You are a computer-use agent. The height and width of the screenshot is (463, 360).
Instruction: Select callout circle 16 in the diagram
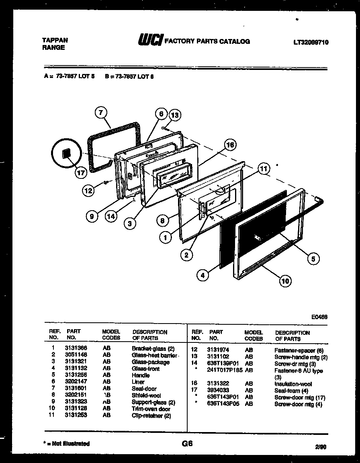230,145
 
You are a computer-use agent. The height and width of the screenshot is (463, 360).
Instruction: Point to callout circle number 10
285,281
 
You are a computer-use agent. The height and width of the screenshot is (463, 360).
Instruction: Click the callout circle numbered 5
313,259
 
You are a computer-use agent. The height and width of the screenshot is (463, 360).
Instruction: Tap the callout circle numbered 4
203,275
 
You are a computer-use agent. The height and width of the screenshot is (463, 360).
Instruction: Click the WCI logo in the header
150,41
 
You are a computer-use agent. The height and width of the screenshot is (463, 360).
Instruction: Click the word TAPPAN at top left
55,40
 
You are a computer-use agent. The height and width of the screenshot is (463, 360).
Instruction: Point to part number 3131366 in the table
76,348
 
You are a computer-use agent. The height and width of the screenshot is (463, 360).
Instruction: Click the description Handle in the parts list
141,375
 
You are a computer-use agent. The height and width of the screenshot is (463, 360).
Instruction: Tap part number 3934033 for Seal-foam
218,390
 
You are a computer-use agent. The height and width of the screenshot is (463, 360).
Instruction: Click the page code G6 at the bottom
187,444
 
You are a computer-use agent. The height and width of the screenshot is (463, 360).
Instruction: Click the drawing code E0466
319,317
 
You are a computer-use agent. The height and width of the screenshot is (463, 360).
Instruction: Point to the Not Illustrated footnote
66,444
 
